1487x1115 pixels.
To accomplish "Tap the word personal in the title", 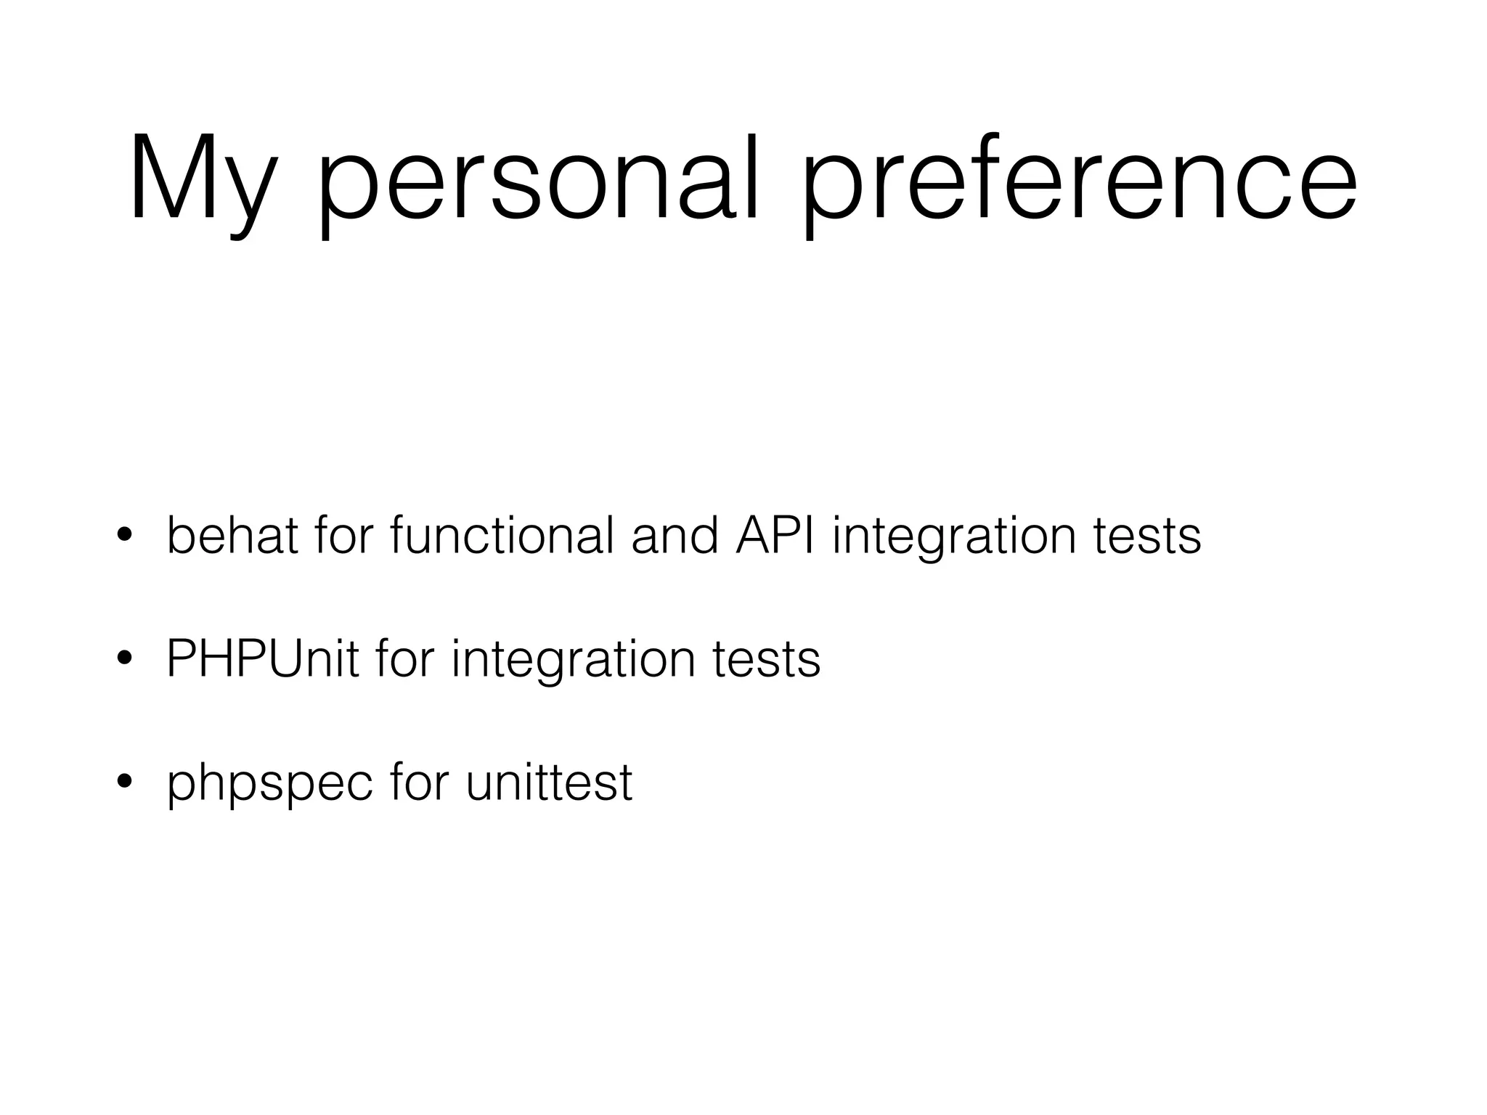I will (x=537, y=181).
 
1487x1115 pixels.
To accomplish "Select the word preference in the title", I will (x=1079, y=181).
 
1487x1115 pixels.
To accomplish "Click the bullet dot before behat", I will (x=124, y=536).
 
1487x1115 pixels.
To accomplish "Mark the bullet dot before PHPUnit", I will (x=124, y=659).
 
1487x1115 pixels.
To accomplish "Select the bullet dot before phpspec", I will (x=124, y=782).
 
